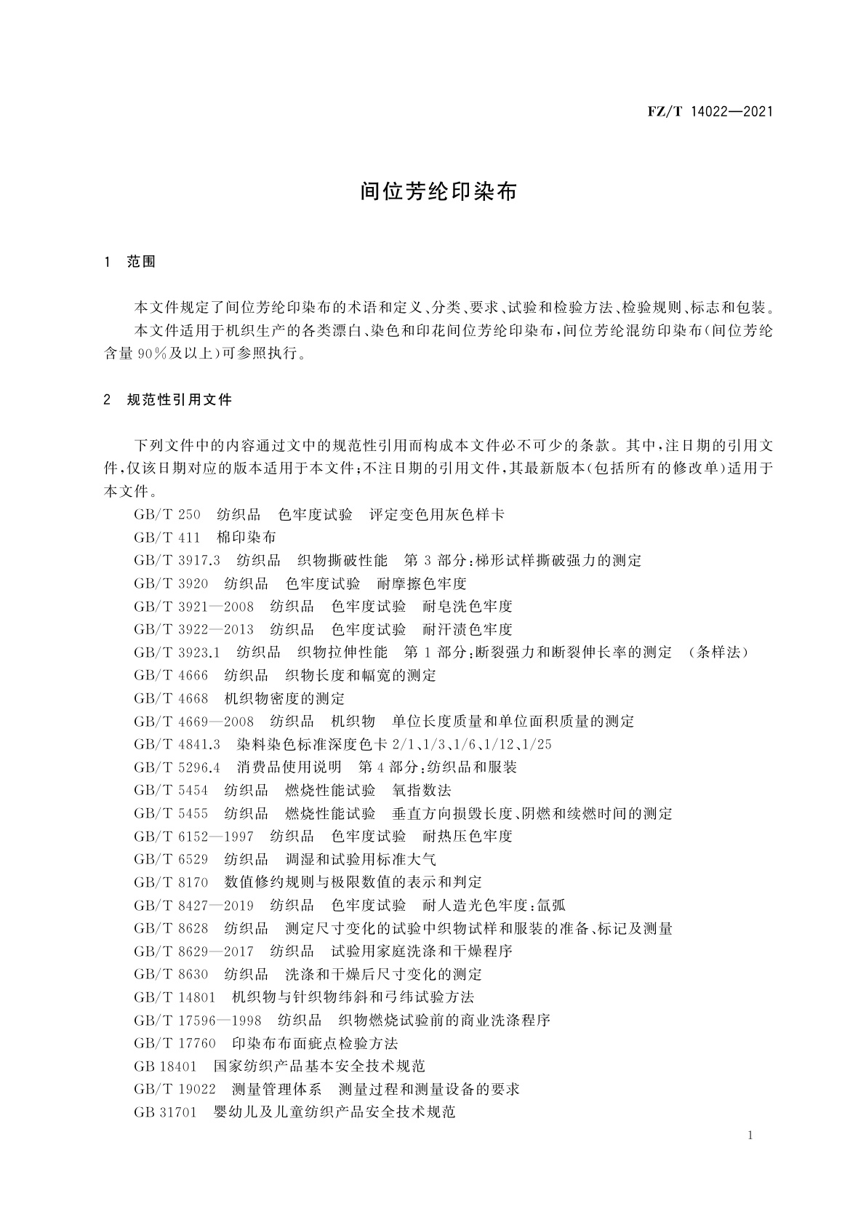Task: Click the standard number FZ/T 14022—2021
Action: coord(709,111)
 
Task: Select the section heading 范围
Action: coord(141,262)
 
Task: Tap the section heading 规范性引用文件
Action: coord(179,399)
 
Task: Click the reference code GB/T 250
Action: coord(167,515)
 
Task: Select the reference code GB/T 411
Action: coord(167,538)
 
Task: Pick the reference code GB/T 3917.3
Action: coord(177,561)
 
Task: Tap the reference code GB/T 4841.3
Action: coord(177,744)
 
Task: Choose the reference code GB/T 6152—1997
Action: coord(194,836)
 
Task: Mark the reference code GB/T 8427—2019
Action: coord(194,905)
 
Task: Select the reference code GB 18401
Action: coord(166,1066)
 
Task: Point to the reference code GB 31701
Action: coord(166,1112)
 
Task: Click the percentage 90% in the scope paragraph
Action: coord(153,354)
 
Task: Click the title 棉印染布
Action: coord(246,538)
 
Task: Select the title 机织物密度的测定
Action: coord(284,698)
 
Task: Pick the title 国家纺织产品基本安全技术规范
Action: coord(319,1066)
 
